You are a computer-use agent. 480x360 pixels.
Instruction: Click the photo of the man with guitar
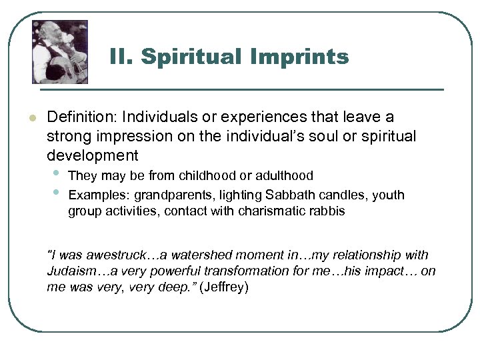coord(60,51)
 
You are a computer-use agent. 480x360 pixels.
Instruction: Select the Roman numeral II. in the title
coord(122,57)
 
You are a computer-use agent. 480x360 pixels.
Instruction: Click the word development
coord(92,156)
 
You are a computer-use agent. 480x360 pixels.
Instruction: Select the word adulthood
coord(283,176)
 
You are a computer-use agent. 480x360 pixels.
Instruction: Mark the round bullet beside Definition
coord(31,118)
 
